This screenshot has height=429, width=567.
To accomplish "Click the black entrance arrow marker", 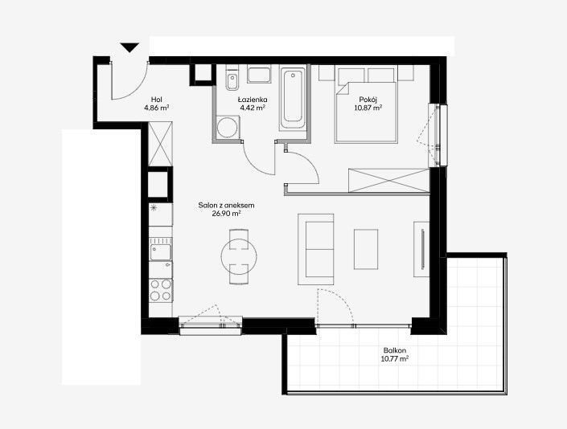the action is tap(129, 47).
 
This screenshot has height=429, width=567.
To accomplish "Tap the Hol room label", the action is tap(157, 100).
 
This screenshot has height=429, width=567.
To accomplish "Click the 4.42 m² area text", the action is tap(253, 108).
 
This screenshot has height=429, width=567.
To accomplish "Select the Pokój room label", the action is tap(368, 100).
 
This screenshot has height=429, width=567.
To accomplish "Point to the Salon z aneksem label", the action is tap(226, 205).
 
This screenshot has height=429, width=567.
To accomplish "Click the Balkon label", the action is tap(395, 350).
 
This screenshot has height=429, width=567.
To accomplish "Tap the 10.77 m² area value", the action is tap(395, 359).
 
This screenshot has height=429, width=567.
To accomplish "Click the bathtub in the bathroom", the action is tap(293, 98).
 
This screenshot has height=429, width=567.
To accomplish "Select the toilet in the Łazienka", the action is tap(232, 77).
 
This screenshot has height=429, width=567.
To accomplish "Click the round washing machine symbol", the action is tap(228, 127).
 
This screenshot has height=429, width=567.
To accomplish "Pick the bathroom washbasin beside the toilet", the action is tap(259, 74).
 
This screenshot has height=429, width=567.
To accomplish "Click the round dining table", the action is tap(239, 256).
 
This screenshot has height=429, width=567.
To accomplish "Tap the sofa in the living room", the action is tap(316, 249).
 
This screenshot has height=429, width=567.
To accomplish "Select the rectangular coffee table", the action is tap(366, 249).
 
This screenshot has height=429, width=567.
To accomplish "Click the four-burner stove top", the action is tap(161, 290).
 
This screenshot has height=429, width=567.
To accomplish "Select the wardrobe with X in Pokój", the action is tap(388, 180).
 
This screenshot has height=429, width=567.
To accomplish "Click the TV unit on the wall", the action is tap(421, 249).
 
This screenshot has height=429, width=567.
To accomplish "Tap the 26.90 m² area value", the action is tap(226, 214).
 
